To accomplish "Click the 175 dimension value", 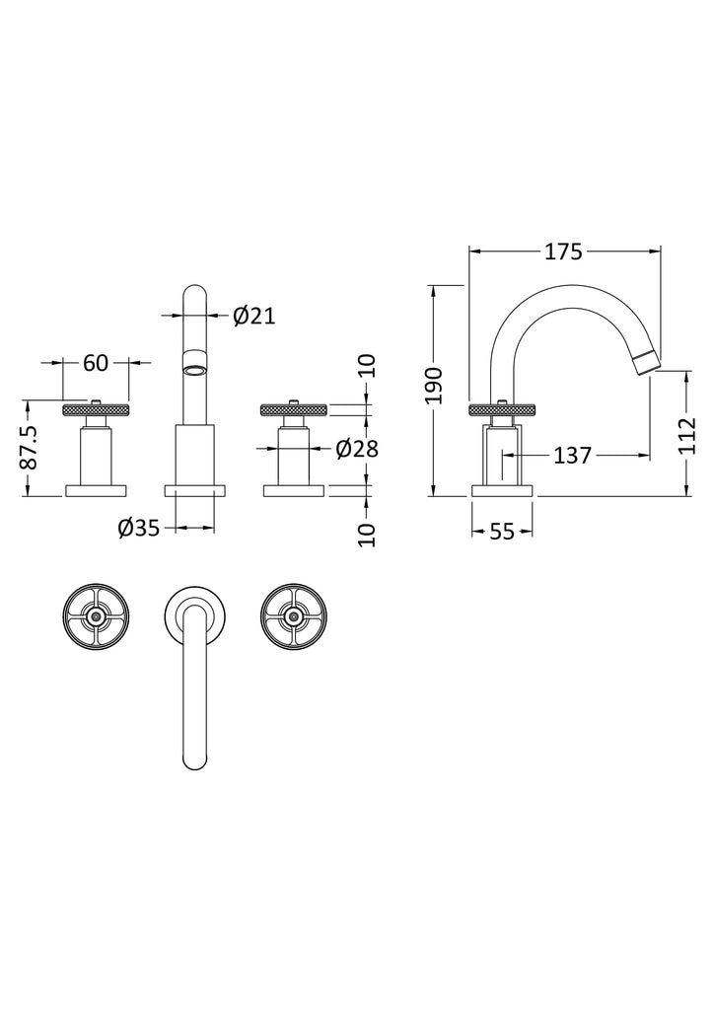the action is [x=563, y=252].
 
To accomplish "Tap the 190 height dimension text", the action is [x=435, y=386].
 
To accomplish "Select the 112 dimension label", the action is [x=688, y=436].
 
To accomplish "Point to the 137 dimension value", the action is [x=572, y=456].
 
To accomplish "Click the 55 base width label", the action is [x=502, y=532].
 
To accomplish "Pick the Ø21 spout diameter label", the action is [x=254, y=316].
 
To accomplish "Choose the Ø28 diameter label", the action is [x=357, y=449].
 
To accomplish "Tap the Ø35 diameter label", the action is [x=138, y=529].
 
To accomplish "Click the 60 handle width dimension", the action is [x=96, y=363].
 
